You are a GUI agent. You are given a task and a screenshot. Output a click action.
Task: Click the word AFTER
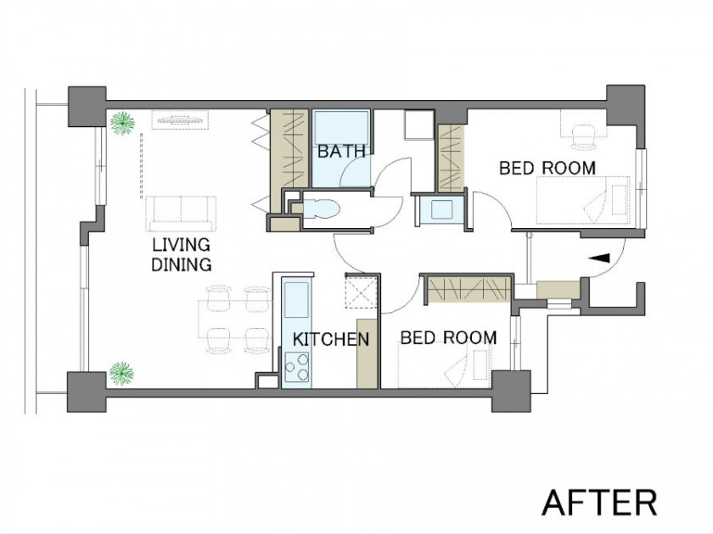click(599, 502)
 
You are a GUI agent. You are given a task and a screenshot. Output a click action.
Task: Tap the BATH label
click(341, 151)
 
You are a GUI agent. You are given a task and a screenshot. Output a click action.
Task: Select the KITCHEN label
click(330, 339)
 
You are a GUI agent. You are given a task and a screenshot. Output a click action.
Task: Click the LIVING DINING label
click(181, 254)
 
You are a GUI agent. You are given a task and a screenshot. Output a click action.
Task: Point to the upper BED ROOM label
click(547, 168)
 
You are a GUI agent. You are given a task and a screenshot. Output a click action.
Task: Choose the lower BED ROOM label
click(448, 338)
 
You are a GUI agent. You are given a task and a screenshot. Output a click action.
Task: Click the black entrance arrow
click(599, 258)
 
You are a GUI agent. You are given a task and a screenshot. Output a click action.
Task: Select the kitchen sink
click(296, 300)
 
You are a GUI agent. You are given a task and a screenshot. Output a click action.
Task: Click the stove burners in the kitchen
click(296, 367)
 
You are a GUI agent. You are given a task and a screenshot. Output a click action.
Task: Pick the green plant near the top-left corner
click(122, 123)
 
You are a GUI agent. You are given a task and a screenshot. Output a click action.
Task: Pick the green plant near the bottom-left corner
click(122, 373)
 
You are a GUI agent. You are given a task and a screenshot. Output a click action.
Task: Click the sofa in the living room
click(182, 214)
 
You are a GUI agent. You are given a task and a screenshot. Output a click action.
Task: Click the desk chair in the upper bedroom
click(583, 136)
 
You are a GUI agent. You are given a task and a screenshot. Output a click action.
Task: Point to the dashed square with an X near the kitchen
click(362, 292)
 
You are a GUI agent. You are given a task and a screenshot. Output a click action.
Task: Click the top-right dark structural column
click(626, 106)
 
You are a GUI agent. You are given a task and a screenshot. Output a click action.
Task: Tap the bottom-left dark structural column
click(87, 392)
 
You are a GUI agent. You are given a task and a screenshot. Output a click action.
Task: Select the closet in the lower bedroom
click(469, 290)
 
